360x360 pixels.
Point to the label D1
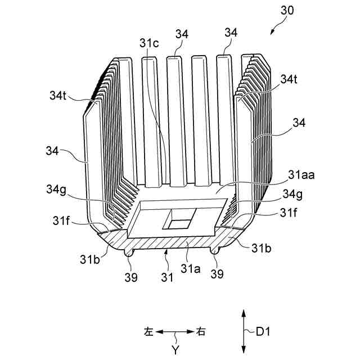click(x=263, y=332)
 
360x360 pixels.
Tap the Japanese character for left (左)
click(x=148, y=332)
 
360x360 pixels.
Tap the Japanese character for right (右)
click(x=201, y=332)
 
